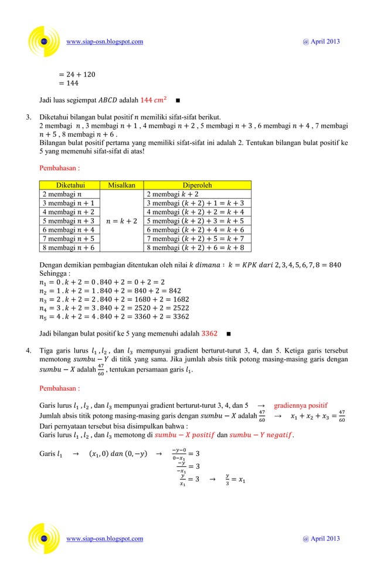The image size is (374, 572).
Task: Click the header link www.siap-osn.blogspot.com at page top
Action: point(105,42)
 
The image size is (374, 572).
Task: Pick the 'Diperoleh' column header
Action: point(198,185)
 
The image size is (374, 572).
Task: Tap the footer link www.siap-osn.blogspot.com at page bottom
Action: point(105,539)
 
